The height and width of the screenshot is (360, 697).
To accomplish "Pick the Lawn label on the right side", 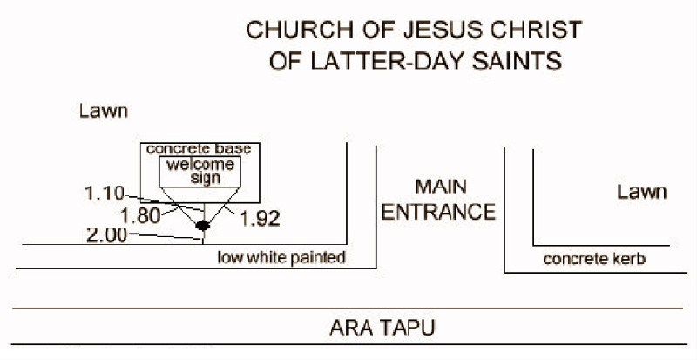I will pos(641,192).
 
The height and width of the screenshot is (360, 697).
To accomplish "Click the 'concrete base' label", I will pos(199,150).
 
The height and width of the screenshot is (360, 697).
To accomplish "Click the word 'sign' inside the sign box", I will pos(203,178).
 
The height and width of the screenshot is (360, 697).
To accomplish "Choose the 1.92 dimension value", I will pos(259,219).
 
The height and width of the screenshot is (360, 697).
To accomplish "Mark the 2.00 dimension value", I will pos(107,234).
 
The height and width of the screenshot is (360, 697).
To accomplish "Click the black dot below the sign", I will pos(203,226).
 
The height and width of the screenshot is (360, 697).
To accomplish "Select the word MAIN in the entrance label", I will pos(441,187).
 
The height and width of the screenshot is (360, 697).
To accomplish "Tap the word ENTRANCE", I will pos(441,212).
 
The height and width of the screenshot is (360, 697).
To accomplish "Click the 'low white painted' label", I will pos(282,257).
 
